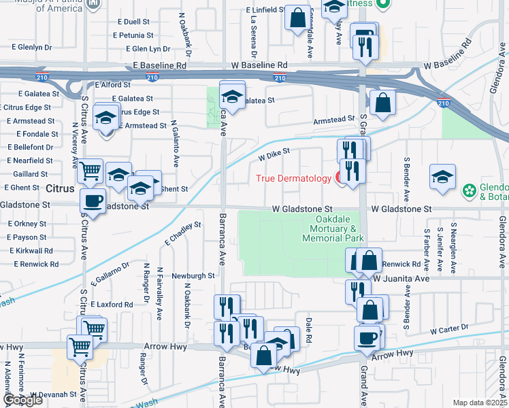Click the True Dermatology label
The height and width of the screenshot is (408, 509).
pyautogui.click(x=294, y=179)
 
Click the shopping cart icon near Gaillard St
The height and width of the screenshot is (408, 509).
pyautogui.click(x=90, y=171)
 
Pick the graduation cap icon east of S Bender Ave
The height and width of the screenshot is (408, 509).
pyautogui.click(x=442, y=177)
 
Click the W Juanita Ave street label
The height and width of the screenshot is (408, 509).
pyautogui.click(x=401, y=279)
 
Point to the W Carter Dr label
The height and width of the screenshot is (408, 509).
pyautogui.click(x=450, y=328)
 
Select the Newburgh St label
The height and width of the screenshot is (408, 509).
pyautogui.click(x=193, y=276)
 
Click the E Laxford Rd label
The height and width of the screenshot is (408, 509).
pyautogui.click(x=111, y=305)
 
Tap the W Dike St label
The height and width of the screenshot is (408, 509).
pyautogui.click(x=274, y=155)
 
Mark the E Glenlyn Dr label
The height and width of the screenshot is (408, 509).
pyautogui.click(x=31, y=48)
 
